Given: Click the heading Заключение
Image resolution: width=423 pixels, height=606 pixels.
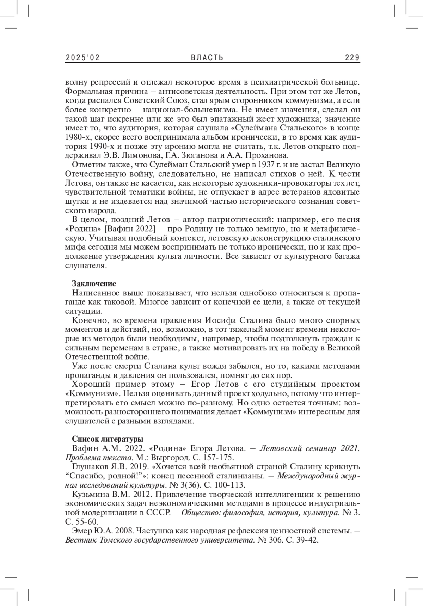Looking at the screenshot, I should pyautogui.click(x=94, y=283).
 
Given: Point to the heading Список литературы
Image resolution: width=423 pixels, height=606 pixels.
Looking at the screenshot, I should pyautogui.click(x=107, y=439).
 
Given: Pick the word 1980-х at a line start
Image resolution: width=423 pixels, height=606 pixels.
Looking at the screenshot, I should pyautogui.click(x=76, y=137).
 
